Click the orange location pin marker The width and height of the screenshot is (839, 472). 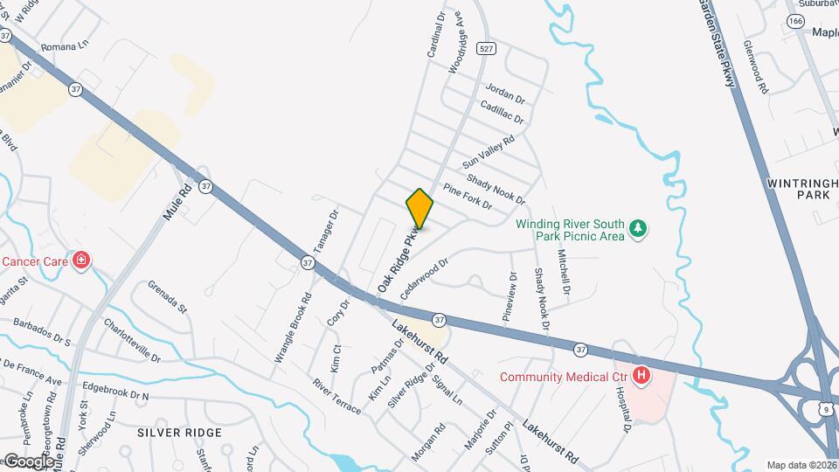[419, 209]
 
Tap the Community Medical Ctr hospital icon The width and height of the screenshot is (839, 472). [641, 376]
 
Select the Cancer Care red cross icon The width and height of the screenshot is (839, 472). [80, 260]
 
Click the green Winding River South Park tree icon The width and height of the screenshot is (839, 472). [640, 228]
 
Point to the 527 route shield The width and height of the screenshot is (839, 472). [486, 50]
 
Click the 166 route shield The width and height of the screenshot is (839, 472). [794, 20]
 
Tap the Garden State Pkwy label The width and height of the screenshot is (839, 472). [719, 44]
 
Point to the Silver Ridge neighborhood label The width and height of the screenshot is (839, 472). [180, 433]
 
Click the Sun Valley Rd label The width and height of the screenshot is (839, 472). [488, 151]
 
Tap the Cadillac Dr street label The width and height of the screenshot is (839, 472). [502, 111]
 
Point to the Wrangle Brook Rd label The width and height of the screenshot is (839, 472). [294, 327]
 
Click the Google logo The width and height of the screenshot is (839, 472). [28, 462]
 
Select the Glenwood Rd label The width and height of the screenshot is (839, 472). [755, 66]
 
